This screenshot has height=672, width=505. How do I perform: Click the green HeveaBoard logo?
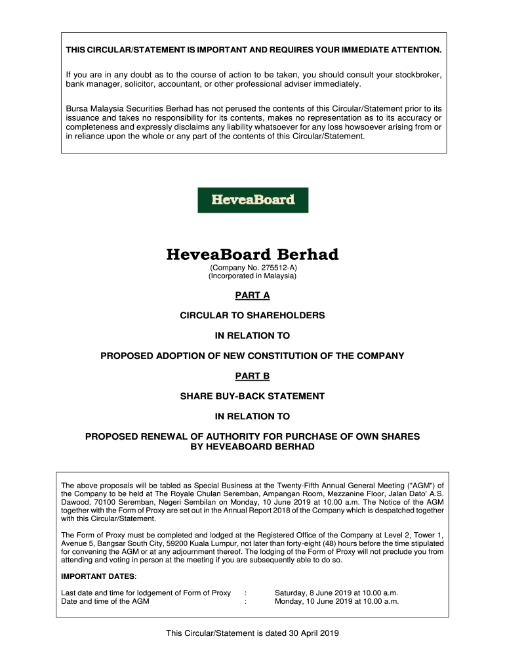[x=253, y=200]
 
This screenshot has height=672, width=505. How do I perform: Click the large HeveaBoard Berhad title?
[x=253, y=255]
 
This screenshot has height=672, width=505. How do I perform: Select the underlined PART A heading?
[x=253, y=295]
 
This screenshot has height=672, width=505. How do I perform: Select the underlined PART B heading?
[x=253, y=376]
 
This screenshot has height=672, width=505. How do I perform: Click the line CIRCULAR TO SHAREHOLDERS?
[x=253, y=316]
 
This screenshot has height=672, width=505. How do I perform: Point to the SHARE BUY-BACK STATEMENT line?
[x=253, y=396]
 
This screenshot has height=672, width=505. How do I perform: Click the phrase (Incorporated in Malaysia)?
[x=253, y=276]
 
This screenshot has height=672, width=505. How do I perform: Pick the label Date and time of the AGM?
[x=105, y=600]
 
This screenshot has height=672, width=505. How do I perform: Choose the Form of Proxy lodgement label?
[x=146, y=593]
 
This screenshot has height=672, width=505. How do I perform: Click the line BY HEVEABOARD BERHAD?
[x=253, y=446]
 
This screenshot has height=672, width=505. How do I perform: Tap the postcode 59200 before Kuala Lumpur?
[x=180, y=543]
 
